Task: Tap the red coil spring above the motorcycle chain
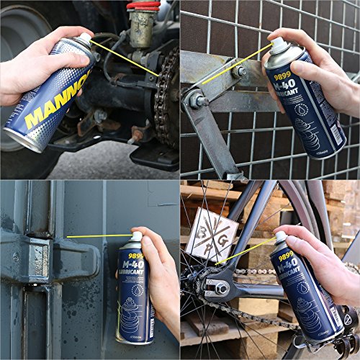point(143,5)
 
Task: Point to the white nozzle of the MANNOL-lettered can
point(85,37)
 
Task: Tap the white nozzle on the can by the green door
point(137,236)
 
